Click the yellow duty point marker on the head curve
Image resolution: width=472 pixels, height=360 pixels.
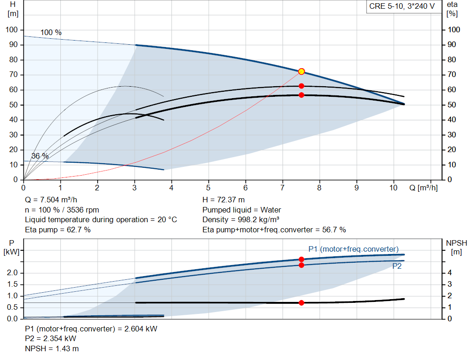point(301,71)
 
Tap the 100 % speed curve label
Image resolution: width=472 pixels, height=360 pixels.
point(51,32)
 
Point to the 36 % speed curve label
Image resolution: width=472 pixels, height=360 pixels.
point(40,156)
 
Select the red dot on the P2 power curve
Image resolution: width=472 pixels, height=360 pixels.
point(301,265)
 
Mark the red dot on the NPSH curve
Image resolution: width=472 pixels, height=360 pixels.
point(301,303)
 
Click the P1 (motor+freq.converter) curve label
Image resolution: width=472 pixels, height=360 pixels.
point(354,249)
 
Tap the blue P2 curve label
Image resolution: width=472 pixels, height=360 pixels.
point(397,266)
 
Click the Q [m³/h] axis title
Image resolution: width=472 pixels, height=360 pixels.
point(423,188)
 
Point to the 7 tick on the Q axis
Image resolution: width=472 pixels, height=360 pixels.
point(283,188)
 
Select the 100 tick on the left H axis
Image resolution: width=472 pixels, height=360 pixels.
point(12,30)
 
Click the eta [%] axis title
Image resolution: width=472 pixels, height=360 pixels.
point(452,9)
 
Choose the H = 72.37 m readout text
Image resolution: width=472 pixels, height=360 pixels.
point(224,200)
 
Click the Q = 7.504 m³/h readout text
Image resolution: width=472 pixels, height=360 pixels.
point(51,200)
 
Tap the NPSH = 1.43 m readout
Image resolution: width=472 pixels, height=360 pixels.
point(52,348)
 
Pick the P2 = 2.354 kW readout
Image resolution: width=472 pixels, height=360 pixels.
point(51,339)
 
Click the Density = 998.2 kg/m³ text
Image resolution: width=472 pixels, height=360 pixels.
point(241,219)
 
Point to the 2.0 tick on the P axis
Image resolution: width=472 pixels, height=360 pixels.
point(12,273)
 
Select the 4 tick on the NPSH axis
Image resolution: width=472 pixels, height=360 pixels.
point(450,273)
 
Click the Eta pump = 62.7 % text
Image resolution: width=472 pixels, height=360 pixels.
point(58,230)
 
